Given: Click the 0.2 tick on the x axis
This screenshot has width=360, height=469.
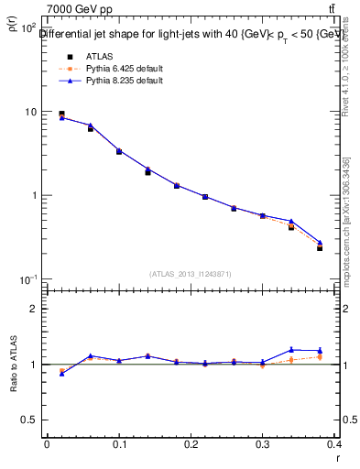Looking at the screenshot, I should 191,444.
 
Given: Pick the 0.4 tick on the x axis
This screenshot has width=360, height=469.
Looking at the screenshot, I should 334,444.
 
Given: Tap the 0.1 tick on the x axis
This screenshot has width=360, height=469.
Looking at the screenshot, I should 119,444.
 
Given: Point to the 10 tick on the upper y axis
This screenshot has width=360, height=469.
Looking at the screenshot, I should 29,112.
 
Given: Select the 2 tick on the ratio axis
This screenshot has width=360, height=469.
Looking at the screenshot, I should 32,309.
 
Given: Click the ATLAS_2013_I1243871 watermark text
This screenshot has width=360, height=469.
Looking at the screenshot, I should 191,274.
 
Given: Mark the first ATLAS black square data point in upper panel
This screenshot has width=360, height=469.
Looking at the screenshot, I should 61,115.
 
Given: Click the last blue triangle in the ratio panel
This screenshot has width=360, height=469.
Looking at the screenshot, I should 320,350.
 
